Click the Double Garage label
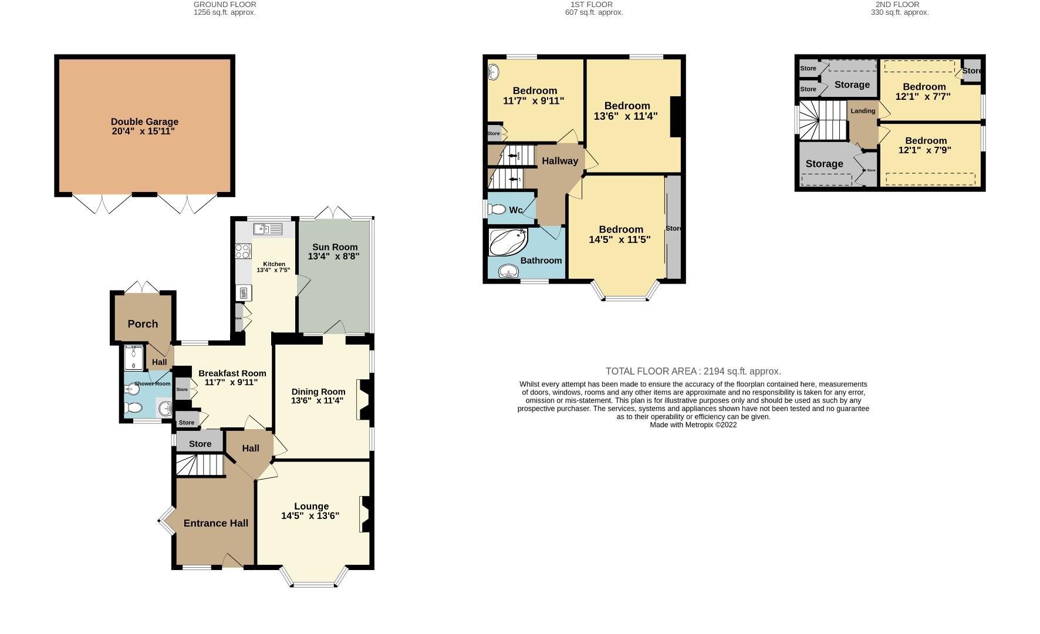[x=144, y=122]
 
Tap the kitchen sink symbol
[x=268, y=229]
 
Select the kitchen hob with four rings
[x=242, y=251]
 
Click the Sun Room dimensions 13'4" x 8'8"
[x=333, y=257]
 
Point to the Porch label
[x=143, y=324]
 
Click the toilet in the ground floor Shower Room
[x=134, y=407]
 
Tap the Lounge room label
[x=311, y=506]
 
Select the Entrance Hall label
[x=215, y=523]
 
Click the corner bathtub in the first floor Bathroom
[x=508, y=242]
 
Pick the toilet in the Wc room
[x=498, y=210]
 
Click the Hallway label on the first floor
[x=559, y=161]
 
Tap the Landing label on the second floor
[x=863, y=111]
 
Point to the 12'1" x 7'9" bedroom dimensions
[x=924, y=150]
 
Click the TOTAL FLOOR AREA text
[x=693, y=371]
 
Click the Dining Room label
[x=318, y=392]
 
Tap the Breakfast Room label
[x=232, y=373]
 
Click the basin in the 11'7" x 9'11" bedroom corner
[x=494, y=71]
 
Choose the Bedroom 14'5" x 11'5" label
[x=620, y=230]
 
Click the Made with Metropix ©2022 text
[x=693, y=424]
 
